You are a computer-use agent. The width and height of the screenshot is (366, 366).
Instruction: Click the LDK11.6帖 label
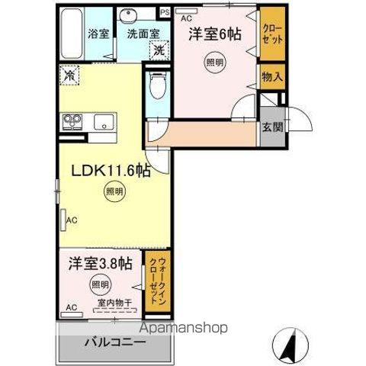pos(110,170)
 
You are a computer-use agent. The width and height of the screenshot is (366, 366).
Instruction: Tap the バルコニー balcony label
pos(114,342)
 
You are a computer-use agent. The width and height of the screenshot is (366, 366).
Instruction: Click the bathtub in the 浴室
pos(73,34)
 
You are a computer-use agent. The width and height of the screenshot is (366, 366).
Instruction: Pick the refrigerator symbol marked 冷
pos(70,75)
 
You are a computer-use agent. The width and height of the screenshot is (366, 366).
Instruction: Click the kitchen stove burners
pos(74,123)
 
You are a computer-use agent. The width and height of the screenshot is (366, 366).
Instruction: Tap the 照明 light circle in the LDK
pos(112,193)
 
